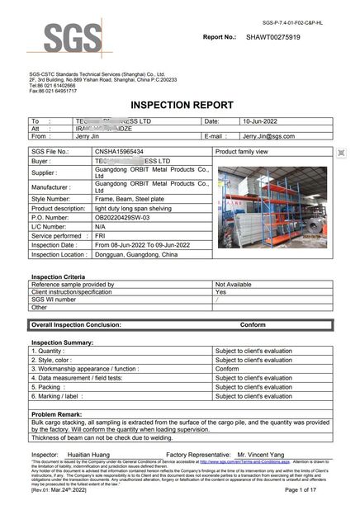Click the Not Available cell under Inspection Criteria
(x=234, y=283)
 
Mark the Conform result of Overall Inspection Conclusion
(x=252, y=325)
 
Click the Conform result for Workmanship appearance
(x=228, y=368)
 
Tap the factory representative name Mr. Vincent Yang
(x=263, y=454)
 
